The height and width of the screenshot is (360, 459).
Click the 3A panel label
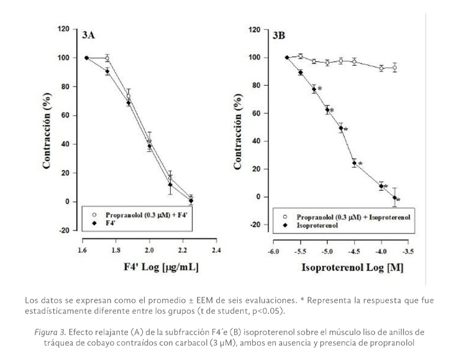(88, 35)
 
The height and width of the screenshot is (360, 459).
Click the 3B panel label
(279, 35)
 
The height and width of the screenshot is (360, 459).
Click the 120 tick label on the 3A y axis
(63, 29)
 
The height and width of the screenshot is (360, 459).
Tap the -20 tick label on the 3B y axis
(254, 225)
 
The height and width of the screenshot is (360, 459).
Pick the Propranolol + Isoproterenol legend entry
(355, 217)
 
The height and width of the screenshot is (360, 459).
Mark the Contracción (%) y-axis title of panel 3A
(47, 129)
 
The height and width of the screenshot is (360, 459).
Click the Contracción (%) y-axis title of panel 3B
(237, 129)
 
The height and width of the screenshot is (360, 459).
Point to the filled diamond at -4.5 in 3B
(354, 164)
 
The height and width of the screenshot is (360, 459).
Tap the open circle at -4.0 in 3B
(381, 68)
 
